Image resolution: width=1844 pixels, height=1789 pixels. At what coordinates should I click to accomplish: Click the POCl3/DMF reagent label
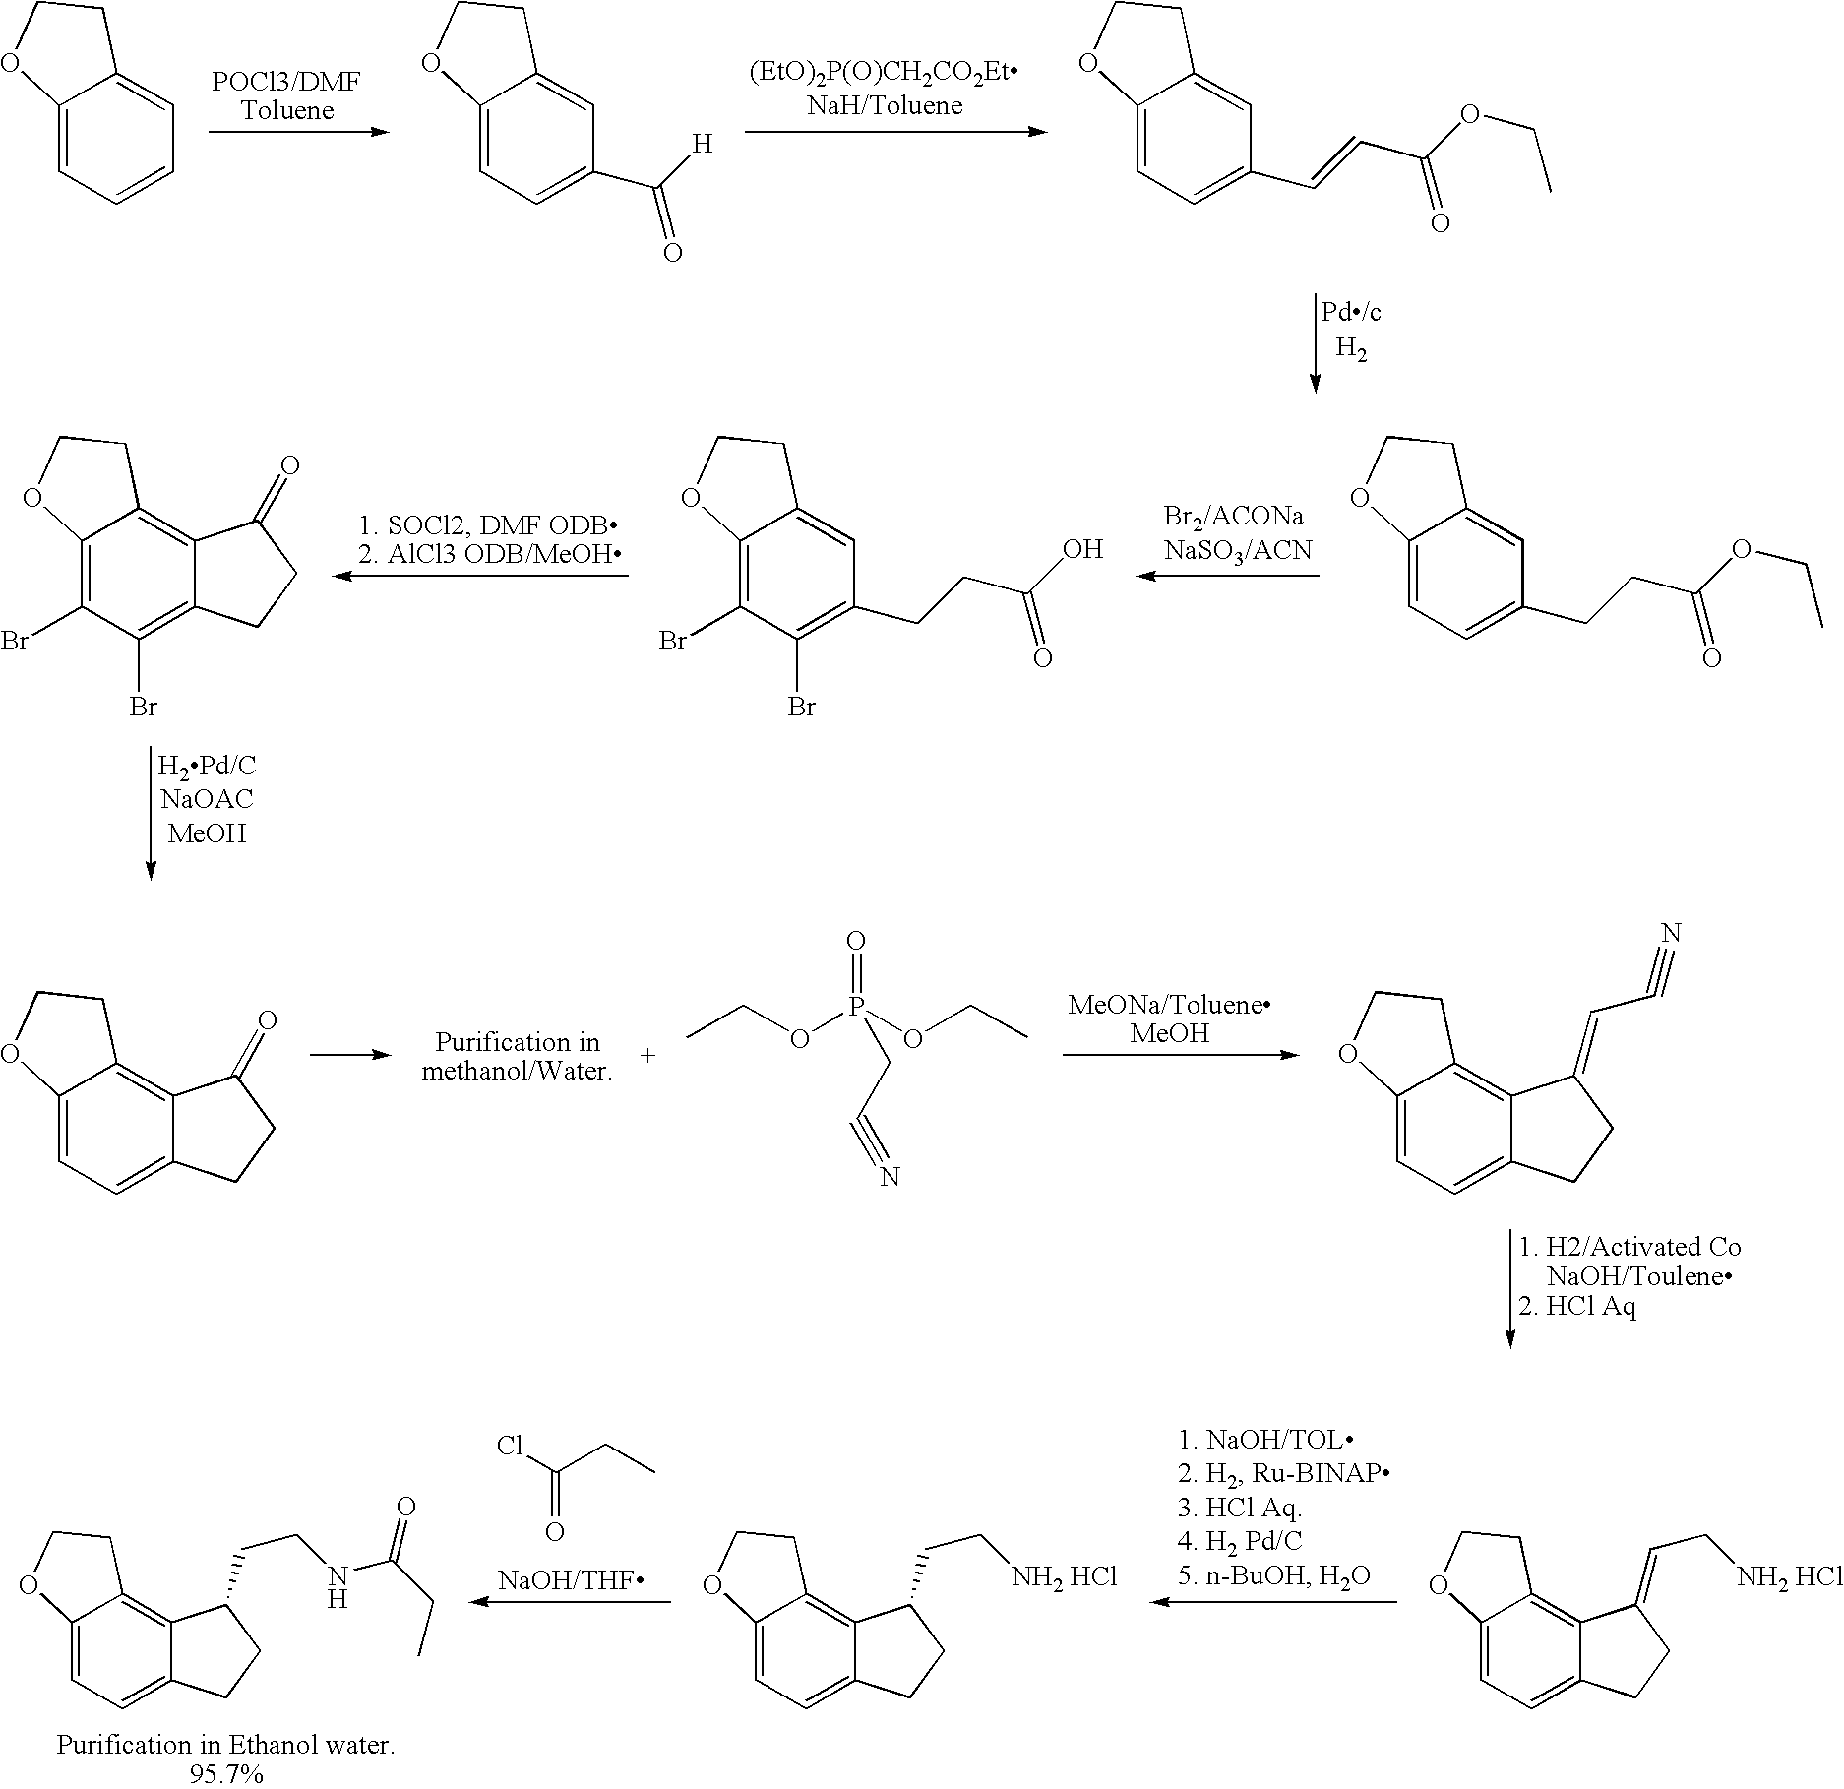tap(286, 82)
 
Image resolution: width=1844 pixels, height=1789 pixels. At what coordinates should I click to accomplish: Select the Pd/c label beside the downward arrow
tap(1352, 312)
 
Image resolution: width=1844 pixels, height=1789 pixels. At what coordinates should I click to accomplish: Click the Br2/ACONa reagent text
tap(1234, 516)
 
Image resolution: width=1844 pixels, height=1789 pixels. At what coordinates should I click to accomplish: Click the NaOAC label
tap(207, 798)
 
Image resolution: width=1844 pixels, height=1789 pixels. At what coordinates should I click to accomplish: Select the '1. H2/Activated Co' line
tap(1629, 1247)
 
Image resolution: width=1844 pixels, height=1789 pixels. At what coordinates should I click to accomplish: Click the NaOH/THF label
tap(570, 1580)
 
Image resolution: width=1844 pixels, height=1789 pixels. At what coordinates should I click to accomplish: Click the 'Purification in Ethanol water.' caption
tap(225, 1745)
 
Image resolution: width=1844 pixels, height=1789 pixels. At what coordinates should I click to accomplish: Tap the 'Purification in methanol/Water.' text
tap(518, 1056)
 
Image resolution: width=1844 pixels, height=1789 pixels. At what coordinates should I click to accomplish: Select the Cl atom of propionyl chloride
tap(510, 1446)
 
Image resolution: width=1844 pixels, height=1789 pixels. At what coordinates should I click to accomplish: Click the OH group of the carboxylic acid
tap(1082, 549)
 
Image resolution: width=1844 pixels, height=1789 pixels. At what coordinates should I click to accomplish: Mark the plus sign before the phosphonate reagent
tap(647, 1056)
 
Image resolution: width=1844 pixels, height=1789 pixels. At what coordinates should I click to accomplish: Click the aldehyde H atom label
tap(702, 145)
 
